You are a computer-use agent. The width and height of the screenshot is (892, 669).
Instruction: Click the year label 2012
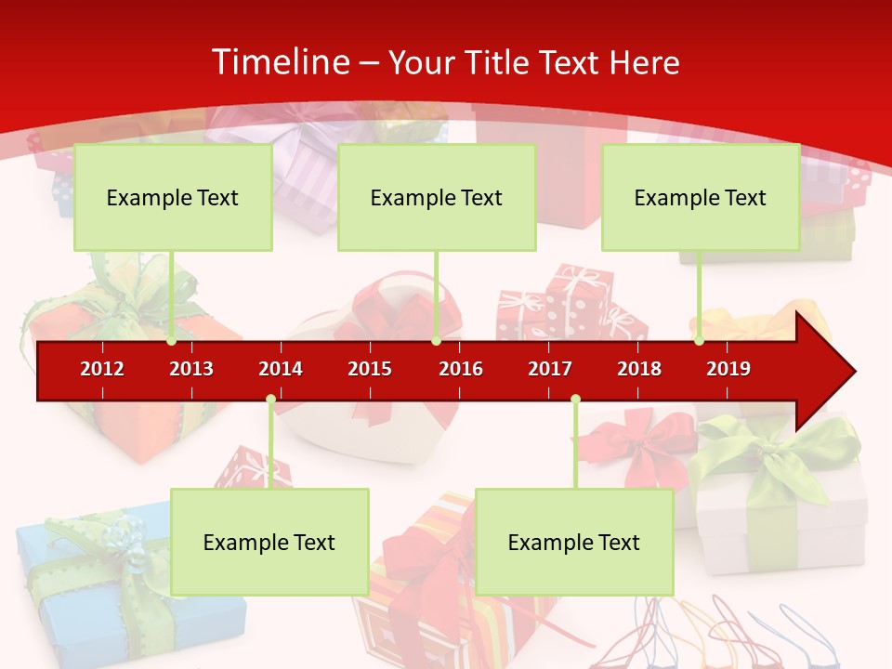pyautogui.click(x=102, y=369)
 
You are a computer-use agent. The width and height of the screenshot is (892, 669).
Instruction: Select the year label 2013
pyautogui.click(x=191, y=369)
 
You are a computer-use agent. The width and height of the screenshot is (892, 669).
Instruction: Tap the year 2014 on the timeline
pyautogui.click(x=281, y=369)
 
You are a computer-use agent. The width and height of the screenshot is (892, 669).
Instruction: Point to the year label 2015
pyautogui.click(x=370, y=369)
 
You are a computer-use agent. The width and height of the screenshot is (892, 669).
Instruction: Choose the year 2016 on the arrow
pyautogui.click(x=461, y=369)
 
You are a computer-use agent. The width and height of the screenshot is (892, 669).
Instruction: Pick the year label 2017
pyautogui.click(x=550, y=369)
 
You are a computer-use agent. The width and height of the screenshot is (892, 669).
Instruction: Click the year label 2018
pyautogui.click(x=639, y=369)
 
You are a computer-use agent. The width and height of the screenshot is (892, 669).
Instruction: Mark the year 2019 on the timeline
pyautogui.click(x=728, y=369)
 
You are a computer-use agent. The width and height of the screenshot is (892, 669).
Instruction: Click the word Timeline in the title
pyautogui.click(x=280, y=62)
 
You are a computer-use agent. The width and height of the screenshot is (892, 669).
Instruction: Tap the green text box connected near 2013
pyautogui.click(x=173, y=197)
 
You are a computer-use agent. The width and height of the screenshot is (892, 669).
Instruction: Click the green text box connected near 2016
pyautogui.click(x=437, y=197)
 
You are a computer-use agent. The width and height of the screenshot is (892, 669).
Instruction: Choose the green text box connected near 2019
pyautogui.click(x=701, y=197)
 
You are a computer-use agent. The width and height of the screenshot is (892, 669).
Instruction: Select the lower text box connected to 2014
pyautogui.click(x=269, y=542)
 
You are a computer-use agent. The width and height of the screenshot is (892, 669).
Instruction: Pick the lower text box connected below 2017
pyautogui.click(x=574, y=542)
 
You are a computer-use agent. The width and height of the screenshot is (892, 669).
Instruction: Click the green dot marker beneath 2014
pyautogui.click(x=270, y=400)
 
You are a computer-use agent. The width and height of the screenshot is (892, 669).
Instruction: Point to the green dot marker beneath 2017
pyautogui.click(x=575, y=400)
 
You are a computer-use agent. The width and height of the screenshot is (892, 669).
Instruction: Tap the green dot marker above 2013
pyautogui.click(x=172, y=341)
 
